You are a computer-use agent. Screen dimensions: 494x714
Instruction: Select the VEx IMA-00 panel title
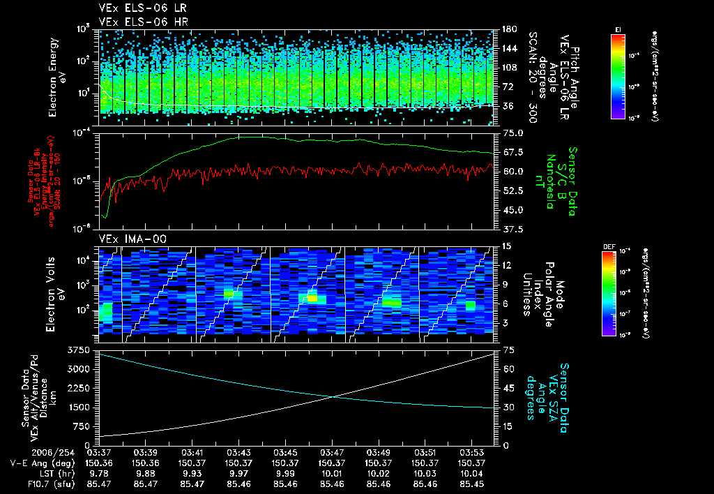(127, 239)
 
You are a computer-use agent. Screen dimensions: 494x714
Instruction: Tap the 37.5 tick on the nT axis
(510, 228)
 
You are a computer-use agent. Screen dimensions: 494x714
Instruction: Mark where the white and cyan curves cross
(333, 396)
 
